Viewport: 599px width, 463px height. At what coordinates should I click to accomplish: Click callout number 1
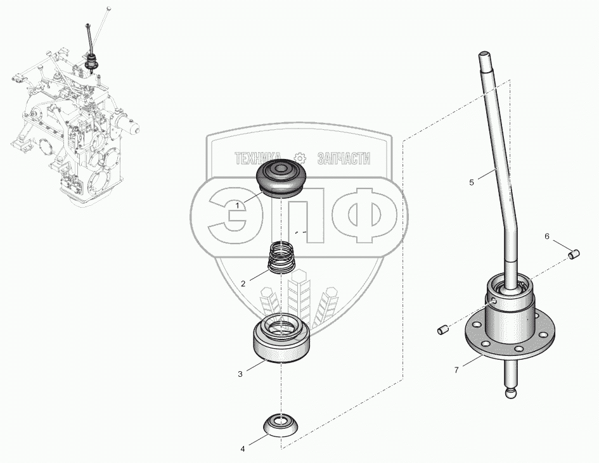point(237,205)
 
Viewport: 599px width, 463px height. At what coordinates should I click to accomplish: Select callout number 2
point(243,284)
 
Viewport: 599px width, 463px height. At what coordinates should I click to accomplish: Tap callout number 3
point(240,374)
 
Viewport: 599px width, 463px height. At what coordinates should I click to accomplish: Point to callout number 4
point(242,449)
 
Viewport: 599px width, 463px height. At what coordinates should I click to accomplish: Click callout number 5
point(472,182)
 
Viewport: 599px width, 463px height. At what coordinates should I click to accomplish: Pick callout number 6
point(547,236)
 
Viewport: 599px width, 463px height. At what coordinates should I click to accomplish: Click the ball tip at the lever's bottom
point(512,394)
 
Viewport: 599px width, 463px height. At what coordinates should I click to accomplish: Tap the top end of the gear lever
point(484,56)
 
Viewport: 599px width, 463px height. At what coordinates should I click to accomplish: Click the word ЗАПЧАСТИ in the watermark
point(343,159)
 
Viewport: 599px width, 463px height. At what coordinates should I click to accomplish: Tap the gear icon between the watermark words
point(301,158)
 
